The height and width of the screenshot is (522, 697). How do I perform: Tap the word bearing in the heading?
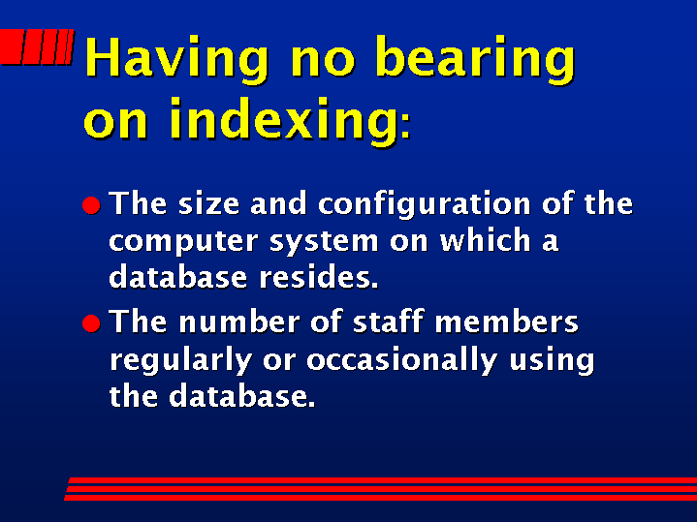coord(475,59)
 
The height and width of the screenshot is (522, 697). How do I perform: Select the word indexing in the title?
coord(284,121)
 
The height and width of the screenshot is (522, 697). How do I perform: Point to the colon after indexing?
coord(405,127)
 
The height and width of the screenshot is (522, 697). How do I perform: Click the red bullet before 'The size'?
coord(91,205)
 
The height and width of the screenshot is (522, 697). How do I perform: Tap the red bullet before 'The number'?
coord(91,323)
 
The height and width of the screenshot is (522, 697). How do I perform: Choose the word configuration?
coord(425,204)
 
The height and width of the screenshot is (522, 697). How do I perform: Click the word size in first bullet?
coord(209,203)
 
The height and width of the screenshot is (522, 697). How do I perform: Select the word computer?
coord(183,242)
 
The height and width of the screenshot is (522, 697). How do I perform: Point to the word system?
coord(324,242)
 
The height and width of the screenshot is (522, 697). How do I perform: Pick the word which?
coord(485,239)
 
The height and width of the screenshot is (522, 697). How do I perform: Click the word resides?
coord(319,277)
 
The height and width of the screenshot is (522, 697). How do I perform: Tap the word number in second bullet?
coord(239,322)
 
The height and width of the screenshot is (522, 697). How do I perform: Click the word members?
coord(506,322)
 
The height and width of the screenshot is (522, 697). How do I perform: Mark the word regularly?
coord(181,360)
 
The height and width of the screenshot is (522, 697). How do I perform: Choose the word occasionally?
coord(402,360)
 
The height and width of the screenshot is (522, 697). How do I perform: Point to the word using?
coord(552,360)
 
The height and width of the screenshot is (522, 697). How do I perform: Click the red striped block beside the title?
coord(37,46)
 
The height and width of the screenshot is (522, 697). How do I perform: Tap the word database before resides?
coord(177,277)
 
